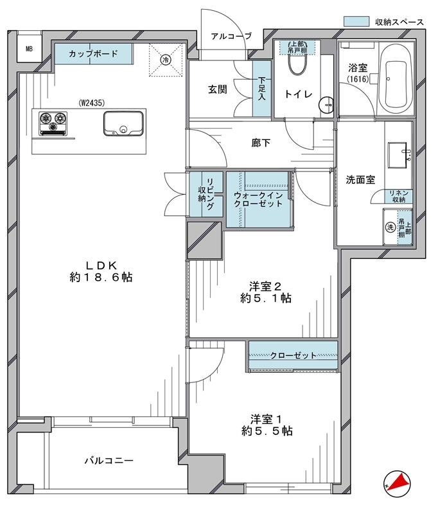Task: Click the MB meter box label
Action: coord(29,49)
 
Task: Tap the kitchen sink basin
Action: coord(123,123)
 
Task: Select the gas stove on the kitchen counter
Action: coord(53,123)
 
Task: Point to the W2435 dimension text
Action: coord(91,103)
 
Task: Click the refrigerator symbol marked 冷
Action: coord(166,60)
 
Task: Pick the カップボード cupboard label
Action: coord(93,53)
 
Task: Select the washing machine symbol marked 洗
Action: coord(390,227)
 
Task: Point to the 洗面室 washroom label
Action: coord(360,180)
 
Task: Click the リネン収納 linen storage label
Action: coord(399,196)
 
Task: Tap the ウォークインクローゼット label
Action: coord(258,199)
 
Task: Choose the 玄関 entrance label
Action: coord(218,89)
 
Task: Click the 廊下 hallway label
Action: coord(261,143)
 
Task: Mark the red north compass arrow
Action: coord(400,482)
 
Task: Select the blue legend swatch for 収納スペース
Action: coord(356,21)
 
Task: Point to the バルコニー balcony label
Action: coord(109,461)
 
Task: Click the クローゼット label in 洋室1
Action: coord(293,355)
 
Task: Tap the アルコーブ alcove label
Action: coord(231,36)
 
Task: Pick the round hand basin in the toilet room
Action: coord(326,105)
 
